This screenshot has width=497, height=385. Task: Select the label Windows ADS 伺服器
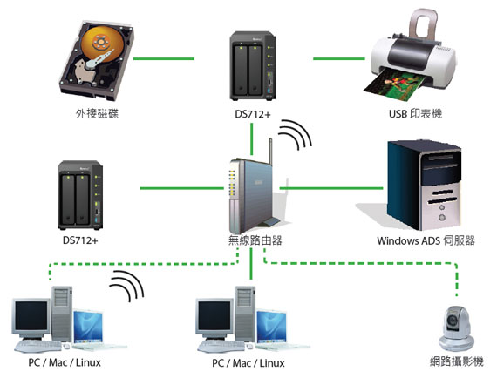(426, 240)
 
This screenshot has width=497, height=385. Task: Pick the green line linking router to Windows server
(331, 187)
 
